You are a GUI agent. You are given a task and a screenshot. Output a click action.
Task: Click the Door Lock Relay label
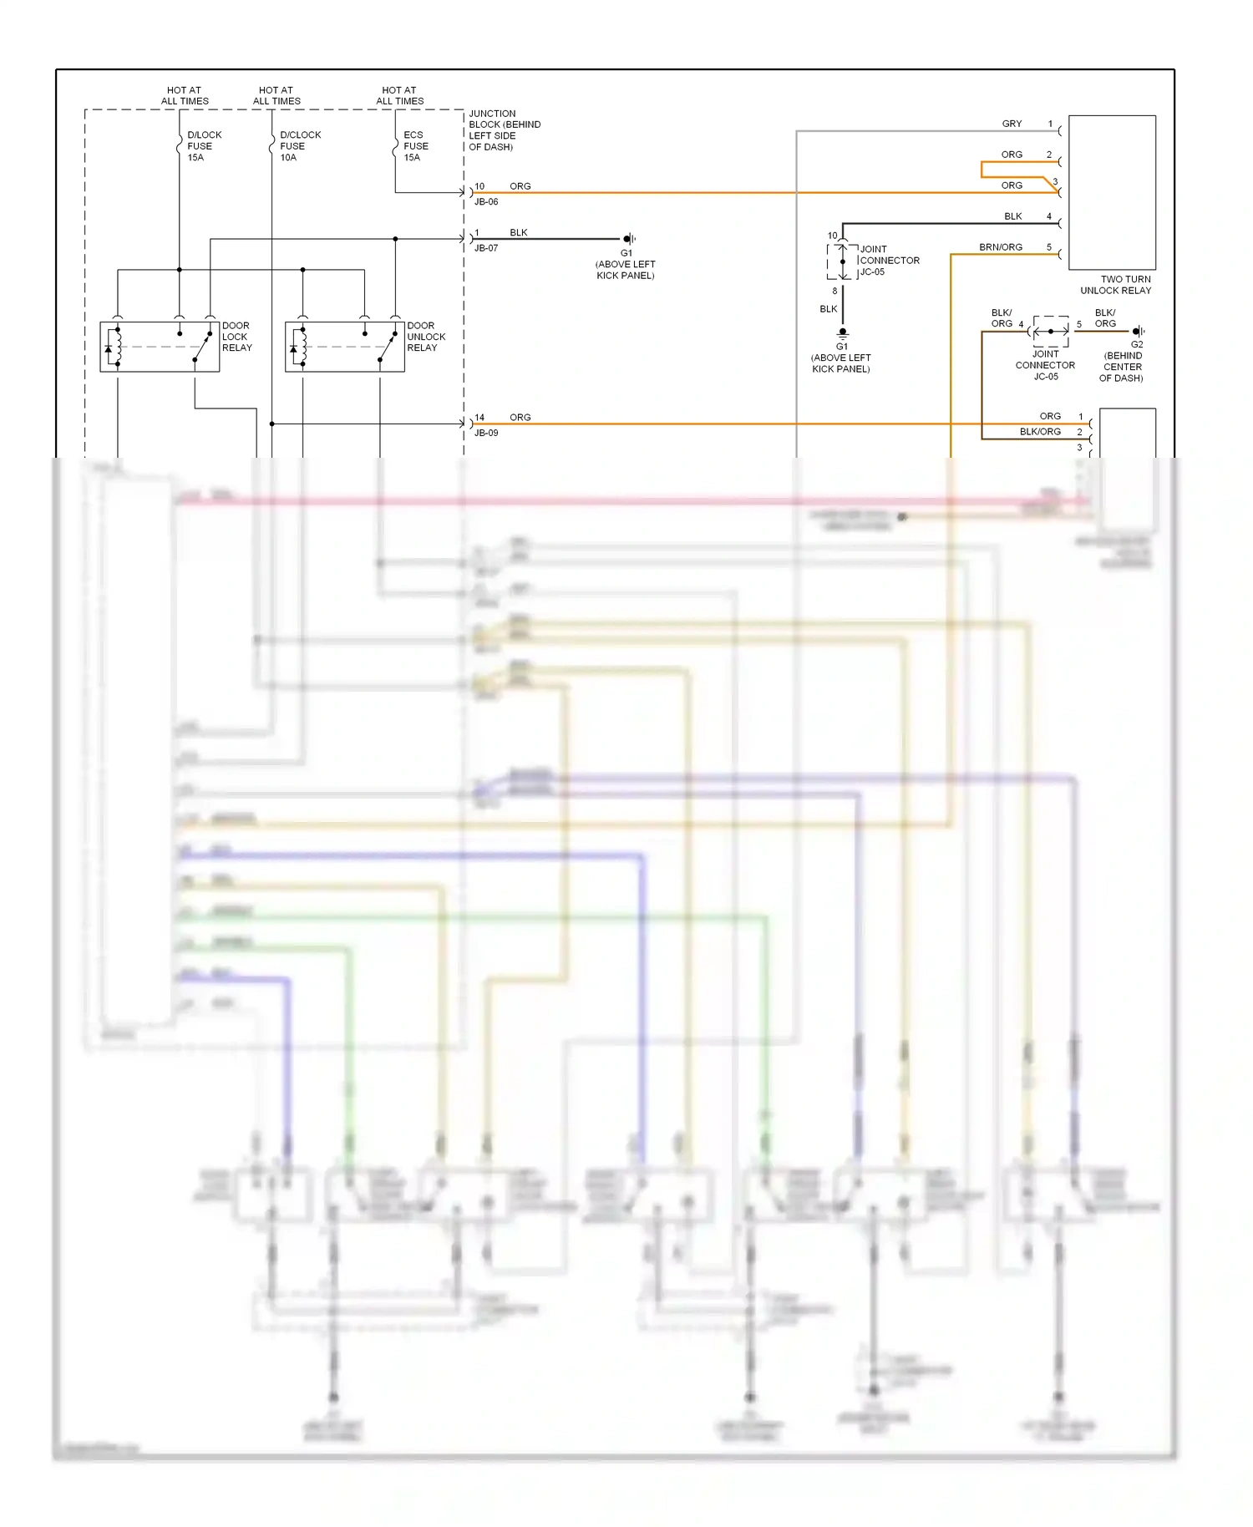(236, 337)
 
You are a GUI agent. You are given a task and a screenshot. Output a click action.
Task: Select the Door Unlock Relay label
(425, 337)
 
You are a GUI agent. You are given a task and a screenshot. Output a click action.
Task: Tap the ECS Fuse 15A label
(415, 146)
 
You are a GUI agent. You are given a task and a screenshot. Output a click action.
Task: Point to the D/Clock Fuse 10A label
(299, 146)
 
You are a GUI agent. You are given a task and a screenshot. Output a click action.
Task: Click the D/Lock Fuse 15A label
(204, 146)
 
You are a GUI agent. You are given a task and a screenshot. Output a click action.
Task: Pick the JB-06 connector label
(486, 202)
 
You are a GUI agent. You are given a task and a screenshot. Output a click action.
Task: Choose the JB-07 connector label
(486, 248)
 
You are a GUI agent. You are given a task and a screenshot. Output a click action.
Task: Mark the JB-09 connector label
(486, 433)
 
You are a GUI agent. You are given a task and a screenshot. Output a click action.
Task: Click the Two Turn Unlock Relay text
(1116, 285)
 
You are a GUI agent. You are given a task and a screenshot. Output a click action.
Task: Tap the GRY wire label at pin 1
(1012, 124)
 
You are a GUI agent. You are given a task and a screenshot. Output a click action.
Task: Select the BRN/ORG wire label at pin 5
(1000, 247)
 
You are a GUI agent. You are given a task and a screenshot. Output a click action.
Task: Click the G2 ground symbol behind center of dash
(1138, 332)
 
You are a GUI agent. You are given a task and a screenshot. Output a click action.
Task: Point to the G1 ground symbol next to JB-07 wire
(629, 239)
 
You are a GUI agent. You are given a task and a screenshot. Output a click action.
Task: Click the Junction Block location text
(504, 130)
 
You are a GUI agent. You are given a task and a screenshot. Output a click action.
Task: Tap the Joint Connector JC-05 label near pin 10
(889, 261)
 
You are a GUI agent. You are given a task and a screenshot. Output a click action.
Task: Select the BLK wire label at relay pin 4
(1012, 216)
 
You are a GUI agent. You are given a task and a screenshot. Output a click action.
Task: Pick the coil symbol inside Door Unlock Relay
(302, 347)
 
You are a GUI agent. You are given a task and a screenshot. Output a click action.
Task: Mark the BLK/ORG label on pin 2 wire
(1039, 432)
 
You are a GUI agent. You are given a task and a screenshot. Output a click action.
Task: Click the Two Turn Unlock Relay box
(1112, 192)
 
